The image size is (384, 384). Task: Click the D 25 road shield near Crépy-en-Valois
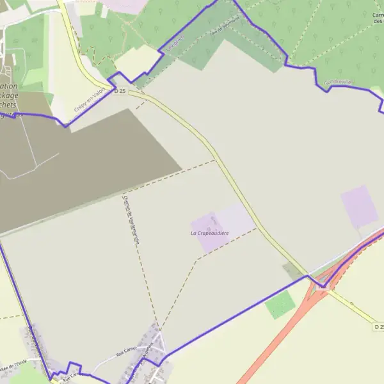click(120, 92)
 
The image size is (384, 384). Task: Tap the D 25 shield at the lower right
click(379, 327)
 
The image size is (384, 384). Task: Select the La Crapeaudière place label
click(209, 234)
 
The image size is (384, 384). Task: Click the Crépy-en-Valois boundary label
click(89, 101)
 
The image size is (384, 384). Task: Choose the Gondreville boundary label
click(339, 83)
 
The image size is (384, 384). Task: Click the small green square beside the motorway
click(280, 305)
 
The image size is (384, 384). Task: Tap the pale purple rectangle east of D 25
click(359, 207)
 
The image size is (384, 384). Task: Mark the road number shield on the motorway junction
click(323, 287)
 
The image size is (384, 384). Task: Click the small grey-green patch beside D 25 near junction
click(292, 271)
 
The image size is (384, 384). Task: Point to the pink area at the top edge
click(128, 5)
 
